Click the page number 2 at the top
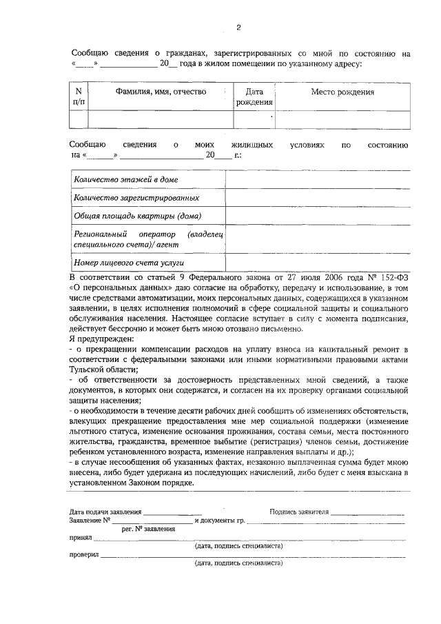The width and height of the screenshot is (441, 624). (238, 28)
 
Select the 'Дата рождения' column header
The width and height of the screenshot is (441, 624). (254, 97)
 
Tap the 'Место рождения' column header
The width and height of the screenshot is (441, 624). (342, 91)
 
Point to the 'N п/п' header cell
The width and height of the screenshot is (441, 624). (79, 97)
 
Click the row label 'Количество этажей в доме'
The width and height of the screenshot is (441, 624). (125, 179)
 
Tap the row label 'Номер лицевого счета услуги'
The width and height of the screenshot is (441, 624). (129, 263)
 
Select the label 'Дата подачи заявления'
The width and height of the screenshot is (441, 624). (106, 512)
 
